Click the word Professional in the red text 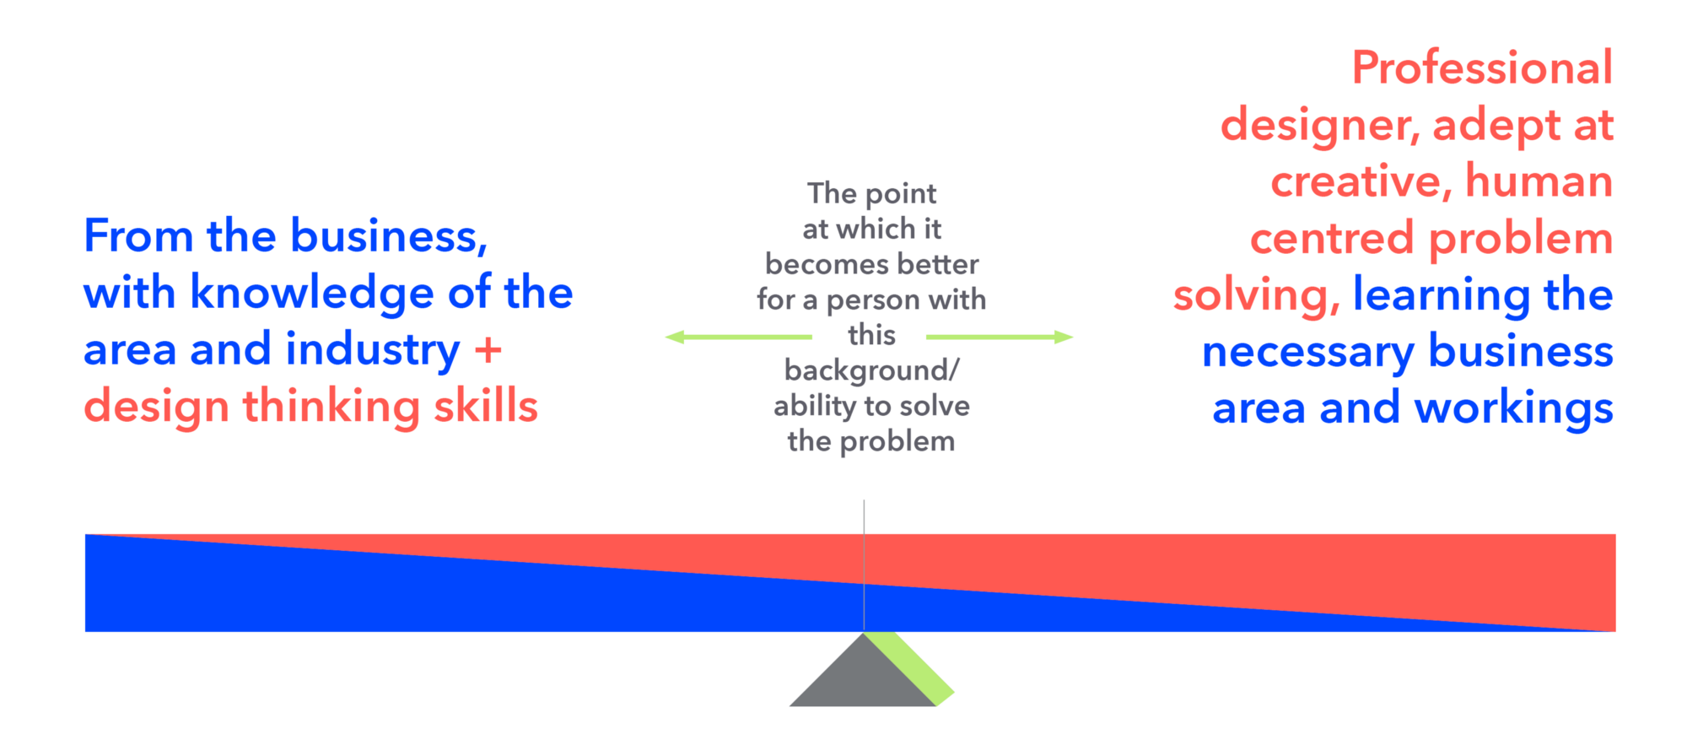click(1482, 67)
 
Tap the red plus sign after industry click(488, 349)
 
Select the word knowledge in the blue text click(311, 294)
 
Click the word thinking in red click(331, 406)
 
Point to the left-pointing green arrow click(738, 337)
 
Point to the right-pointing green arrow click(1000, 337)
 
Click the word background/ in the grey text click(871, 370)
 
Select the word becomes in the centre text click(820, 264)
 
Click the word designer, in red click(1320, 126)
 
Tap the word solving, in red click(1256, 295)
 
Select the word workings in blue click(1513, 409)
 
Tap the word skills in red click(486, 406)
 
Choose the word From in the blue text click(138, 235)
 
